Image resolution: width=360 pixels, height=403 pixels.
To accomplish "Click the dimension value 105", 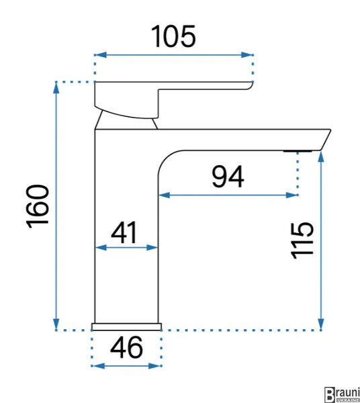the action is click(x=173, y=36).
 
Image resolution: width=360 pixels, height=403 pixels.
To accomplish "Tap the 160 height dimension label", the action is click(x=38, y=206).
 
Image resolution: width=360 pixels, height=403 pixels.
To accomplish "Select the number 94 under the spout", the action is click(x=228, y=177).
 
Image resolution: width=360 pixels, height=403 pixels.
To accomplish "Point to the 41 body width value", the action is click(x=124, y=232).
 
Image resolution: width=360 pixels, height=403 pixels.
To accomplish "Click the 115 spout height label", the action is click(x=302, y=240).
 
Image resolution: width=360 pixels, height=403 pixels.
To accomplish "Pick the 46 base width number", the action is click(x=126, y=347).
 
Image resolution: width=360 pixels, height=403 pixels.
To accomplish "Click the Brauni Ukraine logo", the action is click(x=342, y=394).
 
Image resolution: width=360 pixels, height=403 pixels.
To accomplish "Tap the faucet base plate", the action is click(x=127, y=326).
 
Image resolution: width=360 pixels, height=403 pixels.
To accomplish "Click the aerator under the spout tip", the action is click(x=298, y=151).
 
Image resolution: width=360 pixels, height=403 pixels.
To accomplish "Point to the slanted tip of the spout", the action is click(x=325, y=140).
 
